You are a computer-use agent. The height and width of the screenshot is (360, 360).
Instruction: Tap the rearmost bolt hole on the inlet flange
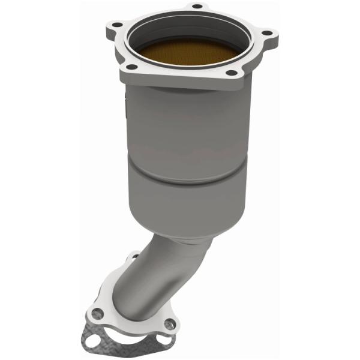(x=196, y=8)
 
